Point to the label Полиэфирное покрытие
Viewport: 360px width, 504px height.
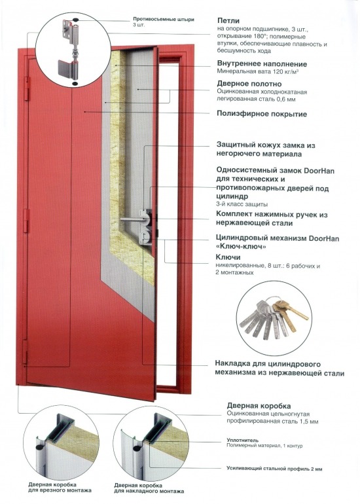(x=262, y=113)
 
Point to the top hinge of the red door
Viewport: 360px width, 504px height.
(x=27, y=88)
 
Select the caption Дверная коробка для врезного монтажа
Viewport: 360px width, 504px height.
(x=60, y=487)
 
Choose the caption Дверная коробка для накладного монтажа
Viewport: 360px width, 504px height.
(x=147, y=487)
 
